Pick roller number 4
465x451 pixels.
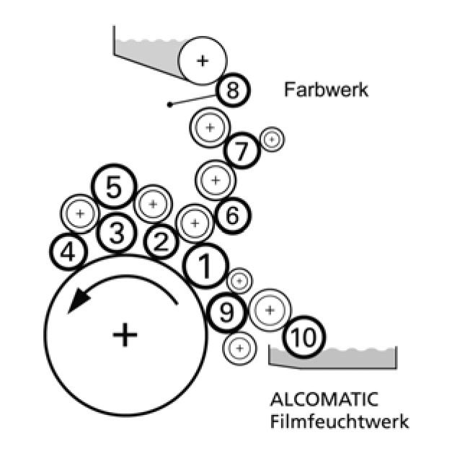click(68, 252)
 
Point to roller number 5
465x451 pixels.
click(113, 188)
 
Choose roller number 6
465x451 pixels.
click(232, 214)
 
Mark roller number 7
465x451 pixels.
click(242, 152)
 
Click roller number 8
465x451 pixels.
click(233, 91)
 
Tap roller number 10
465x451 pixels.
click(304, 336)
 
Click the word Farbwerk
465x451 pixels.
click(327, 91)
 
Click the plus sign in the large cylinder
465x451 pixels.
click(125, 333)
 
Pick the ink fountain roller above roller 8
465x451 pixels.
click(203, 60)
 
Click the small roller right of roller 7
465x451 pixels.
click(272, 139)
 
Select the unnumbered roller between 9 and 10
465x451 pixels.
click(270, 309)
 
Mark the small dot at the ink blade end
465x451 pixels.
click(169, 105)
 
